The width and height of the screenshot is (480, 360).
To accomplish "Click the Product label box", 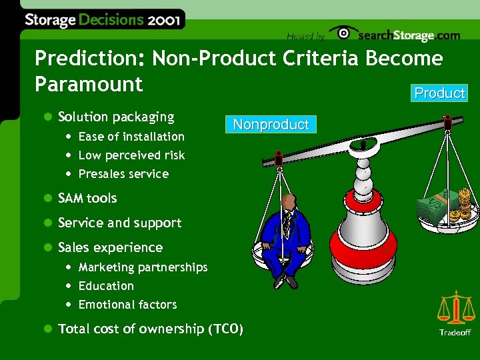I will click(x=439, y=93).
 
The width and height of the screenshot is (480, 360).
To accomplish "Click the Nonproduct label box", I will click(x=271, y=125).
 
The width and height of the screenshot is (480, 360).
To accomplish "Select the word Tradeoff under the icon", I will click(x=455, y=332).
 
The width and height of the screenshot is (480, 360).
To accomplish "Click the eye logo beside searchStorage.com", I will click(x=343, y=34).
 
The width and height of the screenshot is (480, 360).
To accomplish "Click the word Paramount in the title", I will click(x=89, y=84).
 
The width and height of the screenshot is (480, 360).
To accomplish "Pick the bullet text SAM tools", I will click(x=87, y=198).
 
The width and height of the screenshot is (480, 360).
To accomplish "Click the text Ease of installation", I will click(x=131, y=137).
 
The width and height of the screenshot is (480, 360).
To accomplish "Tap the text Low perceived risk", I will click(x=131, y=155).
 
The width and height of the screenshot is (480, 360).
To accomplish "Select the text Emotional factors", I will click(x=127, y=305).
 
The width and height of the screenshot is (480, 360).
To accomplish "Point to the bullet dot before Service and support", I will click(x=47, y=223).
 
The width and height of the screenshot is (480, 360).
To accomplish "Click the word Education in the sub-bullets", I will click(x=106, y=286).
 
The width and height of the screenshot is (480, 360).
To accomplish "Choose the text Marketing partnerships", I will click(x=143, y=267).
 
